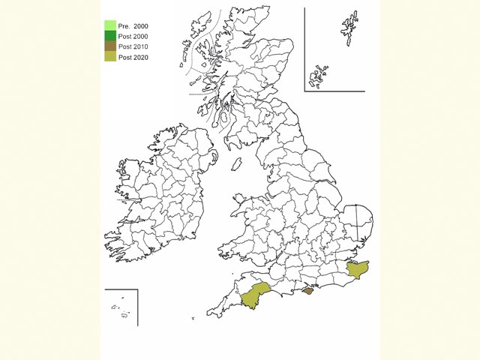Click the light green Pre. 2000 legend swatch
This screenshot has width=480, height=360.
tap(109, 25)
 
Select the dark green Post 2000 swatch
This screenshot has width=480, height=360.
tap(109, 36)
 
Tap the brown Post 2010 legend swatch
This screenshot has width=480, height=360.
tap(109, 46)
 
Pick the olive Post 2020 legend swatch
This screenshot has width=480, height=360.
tap(109, 57)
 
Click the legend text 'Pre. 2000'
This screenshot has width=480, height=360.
tap(132, 26)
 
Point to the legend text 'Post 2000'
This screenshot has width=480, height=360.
tap(133, 37)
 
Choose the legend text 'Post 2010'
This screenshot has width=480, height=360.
tap(133, 46)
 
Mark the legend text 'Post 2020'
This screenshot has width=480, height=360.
tap(133, 57)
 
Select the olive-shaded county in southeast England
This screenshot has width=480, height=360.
tap(358, 271)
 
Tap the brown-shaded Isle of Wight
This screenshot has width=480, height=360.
tap(307, 291)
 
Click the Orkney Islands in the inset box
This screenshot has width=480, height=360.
tap(320, 76)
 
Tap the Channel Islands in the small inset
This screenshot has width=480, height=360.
tap(122, 309)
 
